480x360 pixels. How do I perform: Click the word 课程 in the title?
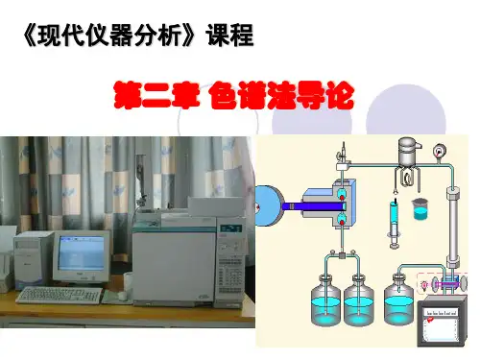tap(230, 36)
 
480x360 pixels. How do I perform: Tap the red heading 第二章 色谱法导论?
tap(234, 95)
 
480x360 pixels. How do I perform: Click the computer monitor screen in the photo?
tap(82, 253)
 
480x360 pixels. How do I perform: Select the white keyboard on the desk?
tap(60, 296)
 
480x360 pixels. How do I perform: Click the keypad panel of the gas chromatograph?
tap(231, 272)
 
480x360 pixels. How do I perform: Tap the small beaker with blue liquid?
tap(420, 209)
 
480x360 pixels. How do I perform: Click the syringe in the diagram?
tap(395, 224)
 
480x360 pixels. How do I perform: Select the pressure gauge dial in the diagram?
tap(440, 151)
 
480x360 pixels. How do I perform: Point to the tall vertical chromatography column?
tap(453, 228)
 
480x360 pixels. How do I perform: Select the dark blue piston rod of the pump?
tap(314, 206)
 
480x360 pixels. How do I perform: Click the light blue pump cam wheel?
tap(268, 205)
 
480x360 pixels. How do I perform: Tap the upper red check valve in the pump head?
tap(342, 193)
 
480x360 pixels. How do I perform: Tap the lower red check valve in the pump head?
tap(342, 220)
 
